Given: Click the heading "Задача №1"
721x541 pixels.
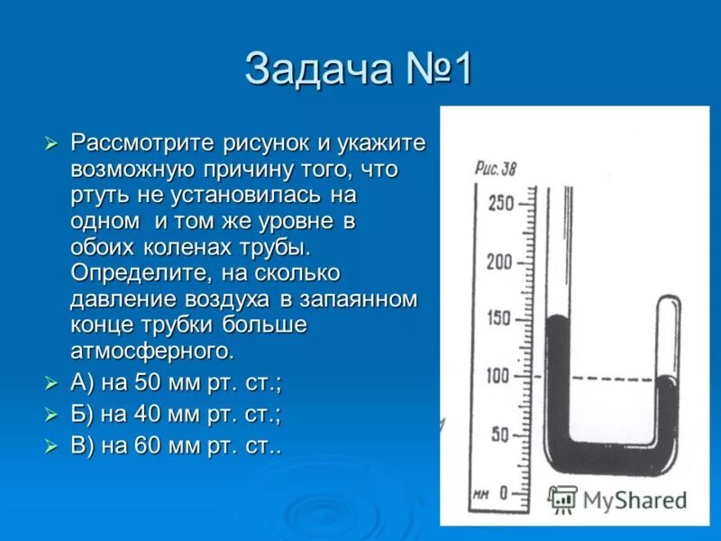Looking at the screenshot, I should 358,70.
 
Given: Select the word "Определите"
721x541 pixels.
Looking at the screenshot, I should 132,273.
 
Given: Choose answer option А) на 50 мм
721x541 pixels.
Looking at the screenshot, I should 176,383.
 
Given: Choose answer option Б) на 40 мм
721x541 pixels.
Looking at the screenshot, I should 176,414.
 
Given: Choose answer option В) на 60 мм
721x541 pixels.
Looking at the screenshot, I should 176,445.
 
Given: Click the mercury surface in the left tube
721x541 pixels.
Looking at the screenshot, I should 558,317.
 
